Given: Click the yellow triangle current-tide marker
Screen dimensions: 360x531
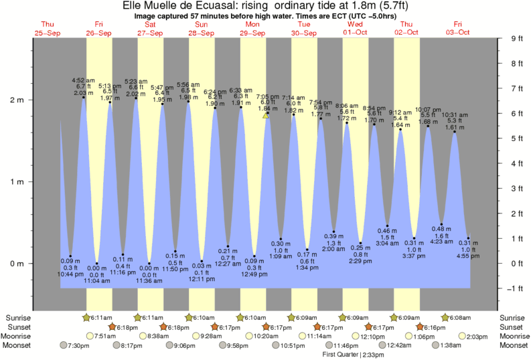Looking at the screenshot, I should (x=266, y=115).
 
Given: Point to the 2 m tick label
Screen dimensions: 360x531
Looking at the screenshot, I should (x=15, y=100).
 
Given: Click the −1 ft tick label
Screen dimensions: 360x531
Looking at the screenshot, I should (x=512, y=288).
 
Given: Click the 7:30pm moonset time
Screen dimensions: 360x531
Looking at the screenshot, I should (x=75, y=345).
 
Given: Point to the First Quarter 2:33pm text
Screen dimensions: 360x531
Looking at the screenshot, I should (x=354, y=354).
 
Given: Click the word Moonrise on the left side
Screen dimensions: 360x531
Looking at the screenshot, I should (x=22, y=336).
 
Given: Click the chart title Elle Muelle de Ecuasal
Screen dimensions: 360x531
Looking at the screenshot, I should (x=265, y=6).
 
